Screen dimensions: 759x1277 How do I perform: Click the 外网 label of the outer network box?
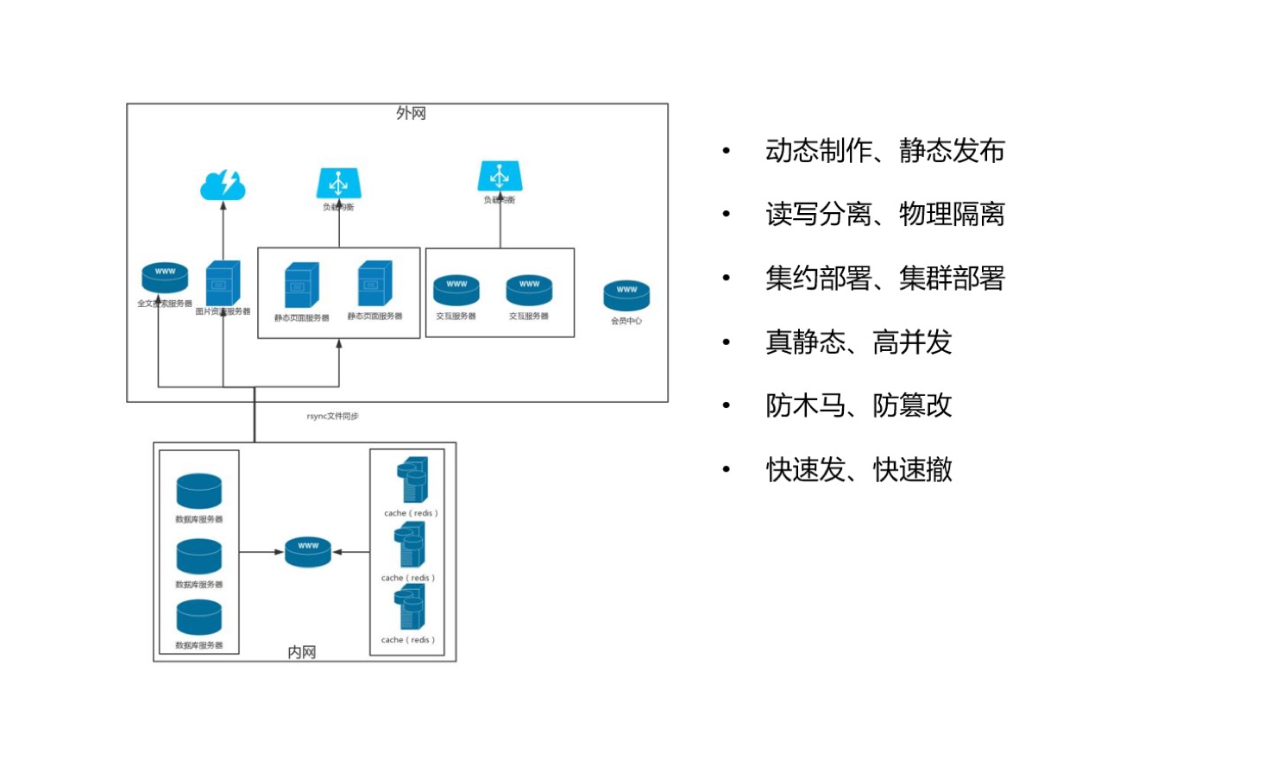(411, 113)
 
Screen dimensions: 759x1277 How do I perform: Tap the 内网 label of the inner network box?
(301, 652)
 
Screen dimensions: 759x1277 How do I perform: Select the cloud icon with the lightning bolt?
(223, 185)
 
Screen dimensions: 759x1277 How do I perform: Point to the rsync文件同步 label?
(332, 416)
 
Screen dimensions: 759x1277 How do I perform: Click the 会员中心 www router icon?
(626, 296)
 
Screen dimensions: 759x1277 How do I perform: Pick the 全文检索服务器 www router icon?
(165, 278)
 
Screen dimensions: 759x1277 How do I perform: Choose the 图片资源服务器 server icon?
(223, 283)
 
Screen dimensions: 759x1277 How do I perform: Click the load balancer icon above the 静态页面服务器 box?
(338, 183)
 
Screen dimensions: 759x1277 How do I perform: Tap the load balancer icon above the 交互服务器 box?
(500, 176)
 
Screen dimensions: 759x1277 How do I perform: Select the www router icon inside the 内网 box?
(308, 552)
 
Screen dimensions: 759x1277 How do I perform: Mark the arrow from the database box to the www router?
(261, 552)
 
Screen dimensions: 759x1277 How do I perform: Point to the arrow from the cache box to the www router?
(351, 552)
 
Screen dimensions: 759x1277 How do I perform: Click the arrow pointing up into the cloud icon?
(223, 229)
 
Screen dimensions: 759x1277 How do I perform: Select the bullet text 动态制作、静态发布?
(884, 151)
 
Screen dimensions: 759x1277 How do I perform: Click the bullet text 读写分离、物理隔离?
(884, 214)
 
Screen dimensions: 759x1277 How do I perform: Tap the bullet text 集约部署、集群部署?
(884, 278)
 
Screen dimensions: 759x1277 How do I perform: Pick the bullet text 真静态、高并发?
(859, 342)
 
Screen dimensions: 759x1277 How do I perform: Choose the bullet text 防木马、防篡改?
(859, 405)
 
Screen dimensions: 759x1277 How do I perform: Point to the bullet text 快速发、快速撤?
(859, 470)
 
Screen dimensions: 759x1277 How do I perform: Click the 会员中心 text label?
(626, 321)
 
